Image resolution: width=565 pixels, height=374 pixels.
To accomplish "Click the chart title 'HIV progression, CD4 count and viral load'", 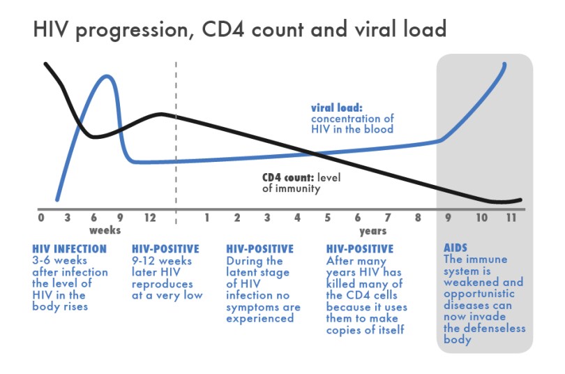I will coord(239,30).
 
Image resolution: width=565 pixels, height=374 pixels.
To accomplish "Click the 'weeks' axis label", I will coord(105,230).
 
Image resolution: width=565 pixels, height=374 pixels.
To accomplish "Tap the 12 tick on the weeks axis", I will coord(149,218).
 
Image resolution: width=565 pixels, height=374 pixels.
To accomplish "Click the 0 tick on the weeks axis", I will coord(40,218).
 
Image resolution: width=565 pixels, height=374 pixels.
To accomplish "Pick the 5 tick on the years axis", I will coord(327,218).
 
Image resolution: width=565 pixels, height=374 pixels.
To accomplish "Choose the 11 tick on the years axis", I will coord(511,218).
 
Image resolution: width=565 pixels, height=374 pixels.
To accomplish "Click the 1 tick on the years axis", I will coord(207,218).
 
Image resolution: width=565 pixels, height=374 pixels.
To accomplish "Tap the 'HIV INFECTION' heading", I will coord(70,249).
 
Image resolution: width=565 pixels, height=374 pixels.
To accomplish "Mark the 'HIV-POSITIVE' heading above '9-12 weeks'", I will coord(165,249).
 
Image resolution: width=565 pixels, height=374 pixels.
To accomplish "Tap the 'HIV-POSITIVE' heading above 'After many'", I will coord(360,249).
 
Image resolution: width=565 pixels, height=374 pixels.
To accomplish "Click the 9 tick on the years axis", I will coord(448,218).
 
